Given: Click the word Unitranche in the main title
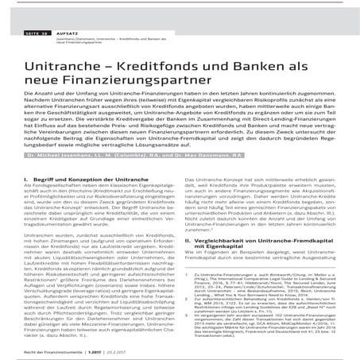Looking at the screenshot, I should tap(67, 59).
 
